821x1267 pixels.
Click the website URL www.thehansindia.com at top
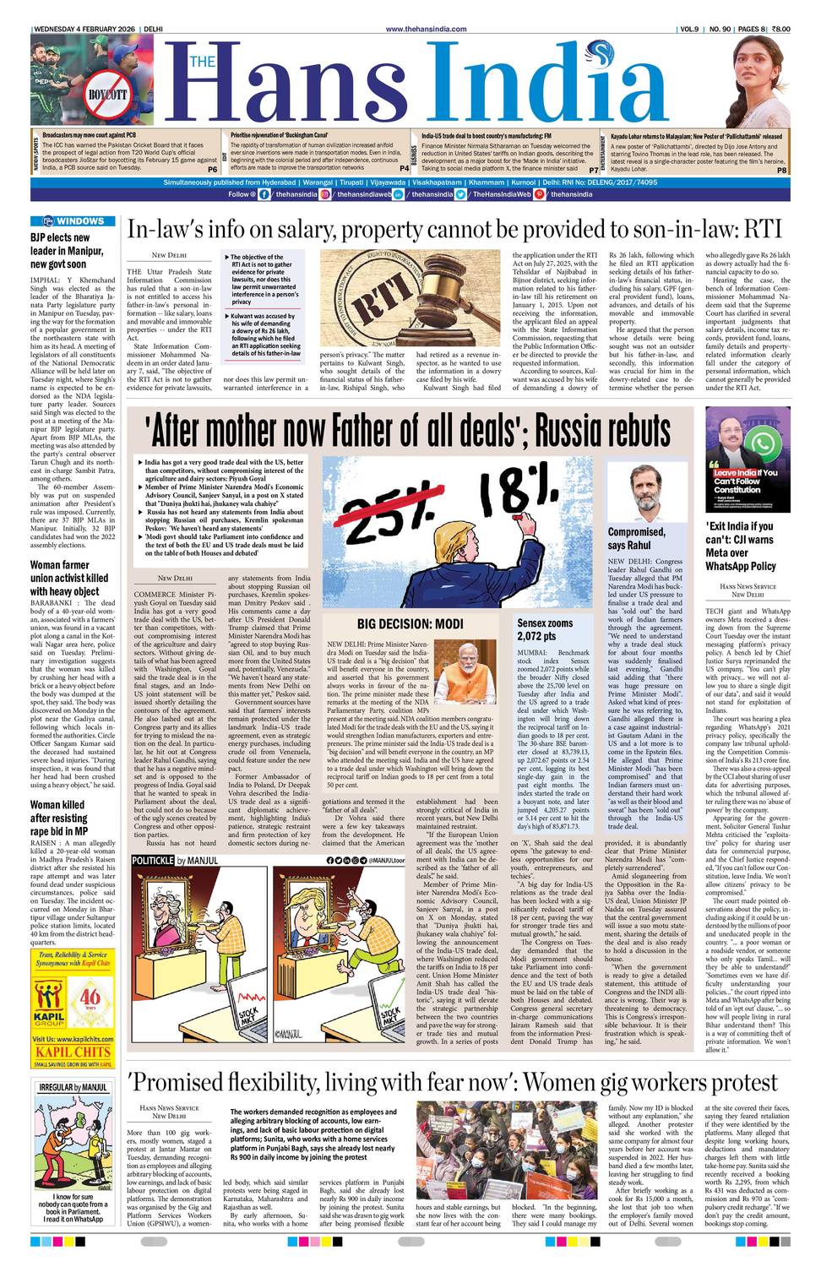[x=426, y=30]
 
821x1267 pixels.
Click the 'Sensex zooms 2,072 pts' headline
[x=545, y=629]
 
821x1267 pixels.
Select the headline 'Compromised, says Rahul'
[x=636, y=538]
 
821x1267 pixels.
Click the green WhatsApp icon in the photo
[x=763, y=443]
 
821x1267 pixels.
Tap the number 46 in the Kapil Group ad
[x=90, y=997]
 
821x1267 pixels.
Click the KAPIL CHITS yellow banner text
[x=73, y=1052]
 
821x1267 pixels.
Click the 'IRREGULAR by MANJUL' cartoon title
[x=73, y=1087]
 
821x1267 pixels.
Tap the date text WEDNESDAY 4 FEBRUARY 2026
[x=84, y=30]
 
